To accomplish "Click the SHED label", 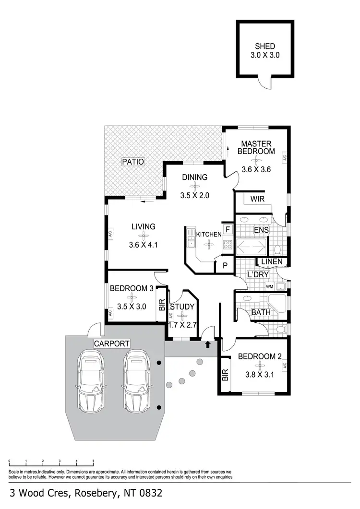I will (x=265, y=47).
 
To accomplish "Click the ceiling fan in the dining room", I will (x=194, y=186).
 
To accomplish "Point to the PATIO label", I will (x=132, y=162).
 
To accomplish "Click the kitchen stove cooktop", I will (x=228, y=245).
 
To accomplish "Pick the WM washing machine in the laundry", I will (x=270, y=287).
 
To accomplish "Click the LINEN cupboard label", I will (x=272, y=261).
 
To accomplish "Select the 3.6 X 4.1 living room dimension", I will (x=143, y=245).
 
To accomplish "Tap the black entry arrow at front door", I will (x=208, y=344).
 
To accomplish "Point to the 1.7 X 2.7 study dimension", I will (x=182, y=325).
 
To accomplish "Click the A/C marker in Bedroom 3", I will (x=110, y=313).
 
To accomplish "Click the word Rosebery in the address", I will (x=95, y=493).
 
